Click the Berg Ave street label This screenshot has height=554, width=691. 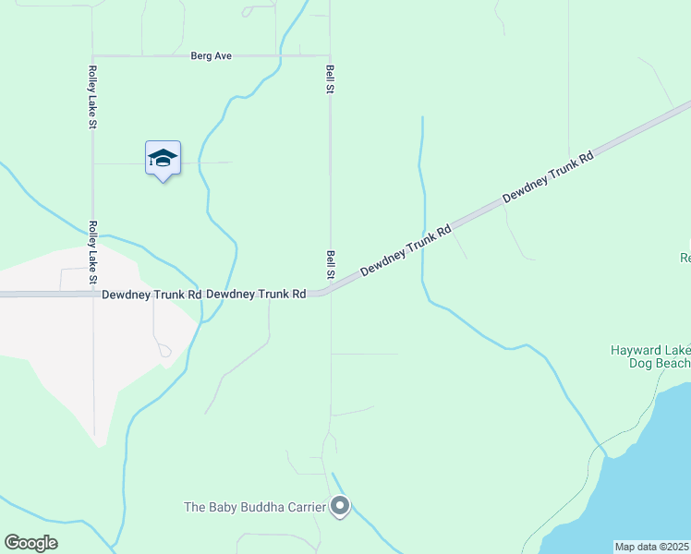(x=211, y=56)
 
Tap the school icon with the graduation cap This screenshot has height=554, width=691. (x=163, y=159)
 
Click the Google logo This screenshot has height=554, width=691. (x=30, y=543)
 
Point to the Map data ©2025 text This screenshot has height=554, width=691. (x=651, y=547)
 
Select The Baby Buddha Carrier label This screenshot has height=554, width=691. (x=255, y=507)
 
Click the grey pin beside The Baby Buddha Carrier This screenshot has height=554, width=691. (x=341, y=506)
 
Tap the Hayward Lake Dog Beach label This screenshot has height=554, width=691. (x=650, y=356)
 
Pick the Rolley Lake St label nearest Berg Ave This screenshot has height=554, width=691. (x=92, y=97)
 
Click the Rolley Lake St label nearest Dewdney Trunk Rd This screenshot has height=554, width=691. (x=92, y=252)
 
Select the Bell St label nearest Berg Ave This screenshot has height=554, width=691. (x=330, y=78)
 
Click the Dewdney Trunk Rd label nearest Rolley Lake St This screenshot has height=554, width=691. (x=152, y=295)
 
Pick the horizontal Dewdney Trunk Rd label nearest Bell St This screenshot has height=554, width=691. (x=256, y=295)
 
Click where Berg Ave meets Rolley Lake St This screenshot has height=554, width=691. (x=92, y=56)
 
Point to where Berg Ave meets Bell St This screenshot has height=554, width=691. (x=330, y=55)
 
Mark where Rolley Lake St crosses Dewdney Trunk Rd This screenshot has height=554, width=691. (x=92, y=295)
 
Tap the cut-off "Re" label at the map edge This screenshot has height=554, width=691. (x=685, y=258)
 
